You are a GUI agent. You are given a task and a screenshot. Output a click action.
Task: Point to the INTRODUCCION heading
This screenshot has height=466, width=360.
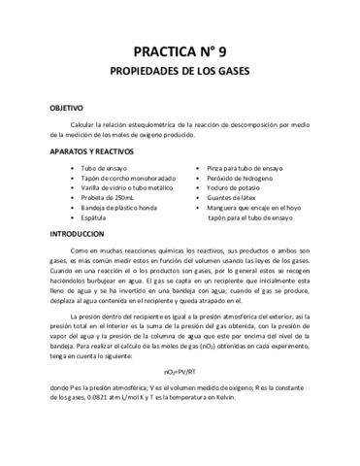click(x=76, y=236)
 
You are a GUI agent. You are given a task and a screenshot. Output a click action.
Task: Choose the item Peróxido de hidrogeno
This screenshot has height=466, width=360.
click(x=241, y=181)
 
